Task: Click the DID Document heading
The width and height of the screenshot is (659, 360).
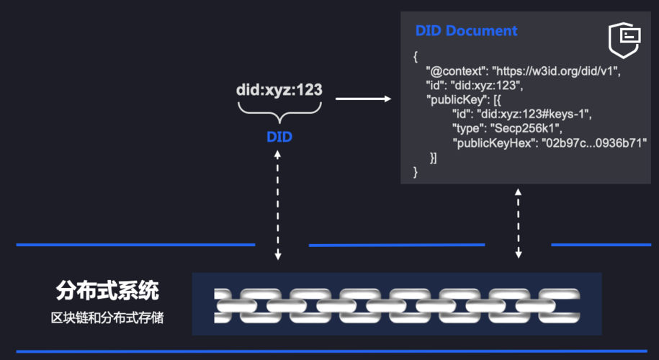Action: point(466,31)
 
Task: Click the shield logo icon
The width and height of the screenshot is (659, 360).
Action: point(624,40)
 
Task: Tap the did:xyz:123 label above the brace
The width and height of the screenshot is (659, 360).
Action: point(279,91)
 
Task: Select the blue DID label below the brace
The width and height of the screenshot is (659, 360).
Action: point(279,136)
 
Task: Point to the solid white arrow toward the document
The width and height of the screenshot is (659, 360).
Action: point(363,98)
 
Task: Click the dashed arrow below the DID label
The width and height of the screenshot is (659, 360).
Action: point(279,204)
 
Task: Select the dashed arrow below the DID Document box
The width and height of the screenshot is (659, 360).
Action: point(518,224)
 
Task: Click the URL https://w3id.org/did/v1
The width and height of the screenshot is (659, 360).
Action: point(556,72)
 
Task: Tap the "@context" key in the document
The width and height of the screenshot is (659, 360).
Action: point(455,72)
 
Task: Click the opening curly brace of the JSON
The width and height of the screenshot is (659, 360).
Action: point(416,57)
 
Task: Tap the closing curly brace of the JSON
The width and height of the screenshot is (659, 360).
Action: point(416,171)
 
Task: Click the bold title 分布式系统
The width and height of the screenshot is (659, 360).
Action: point(107,292)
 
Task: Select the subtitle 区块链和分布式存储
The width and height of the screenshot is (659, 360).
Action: point(107,317)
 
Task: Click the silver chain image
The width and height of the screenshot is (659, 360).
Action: point(397,303)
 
